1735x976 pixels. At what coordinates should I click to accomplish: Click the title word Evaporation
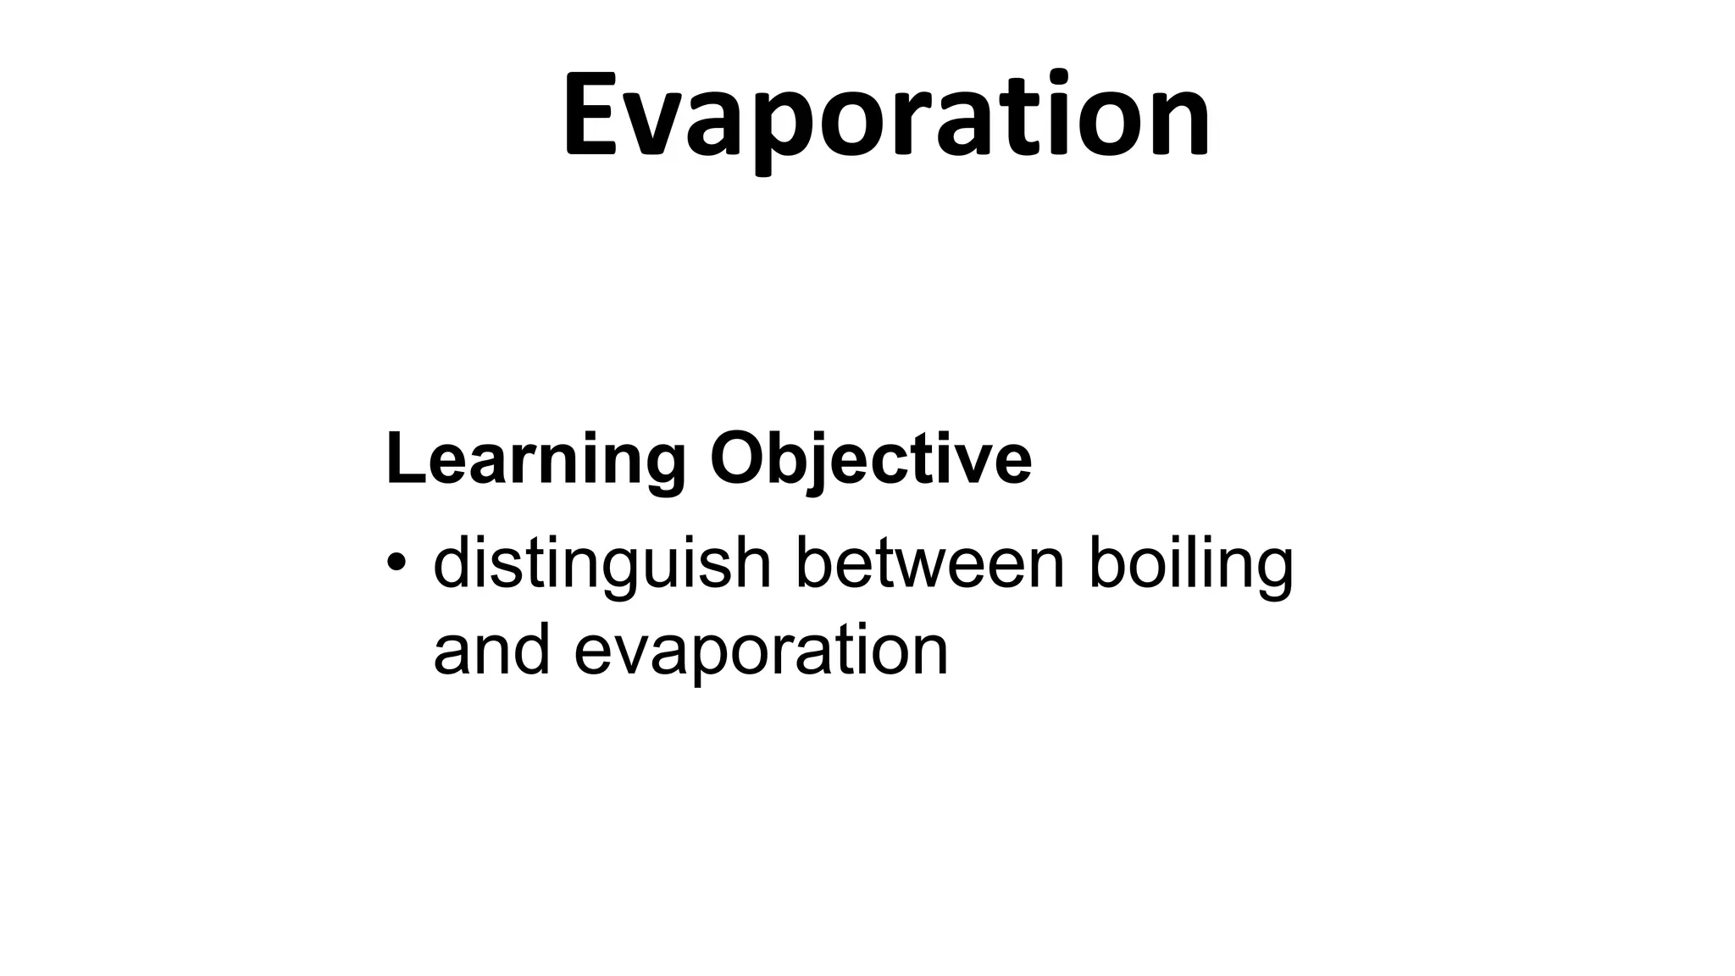[x=886, y=114]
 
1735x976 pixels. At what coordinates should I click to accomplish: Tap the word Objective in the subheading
[x=871, y=460]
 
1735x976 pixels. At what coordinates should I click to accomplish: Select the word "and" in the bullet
[x=491, y=650]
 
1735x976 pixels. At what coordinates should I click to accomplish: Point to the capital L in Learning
[x=403, y=460]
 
